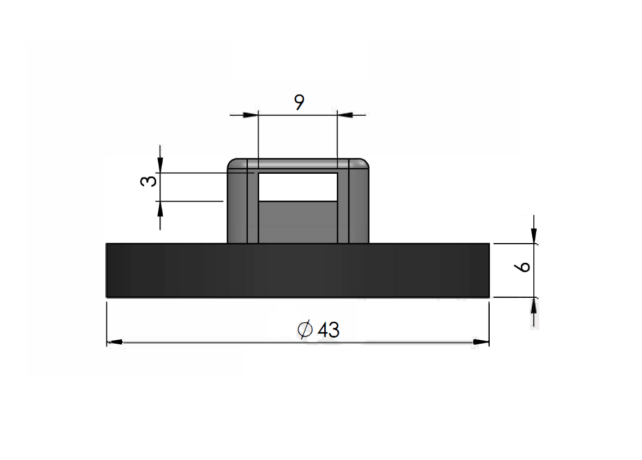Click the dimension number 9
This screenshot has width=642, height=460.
coord(299,102)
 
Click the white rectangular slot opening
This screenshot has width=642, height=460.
coord(298,187)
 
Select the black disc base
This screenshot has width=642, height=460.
coord(298,270)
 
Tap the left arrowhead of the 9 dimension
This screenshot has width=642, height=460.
coord(250,115)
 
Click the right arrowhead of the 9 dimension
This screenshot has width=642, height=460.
coord(345,115)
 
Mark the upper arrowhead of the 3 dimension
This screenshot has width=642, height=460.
coord(160,165)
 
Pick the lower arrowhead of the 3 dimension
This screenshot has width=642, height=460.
coord(160,209)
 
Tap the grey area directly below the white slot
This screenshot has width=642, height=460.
coord(298,221)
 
